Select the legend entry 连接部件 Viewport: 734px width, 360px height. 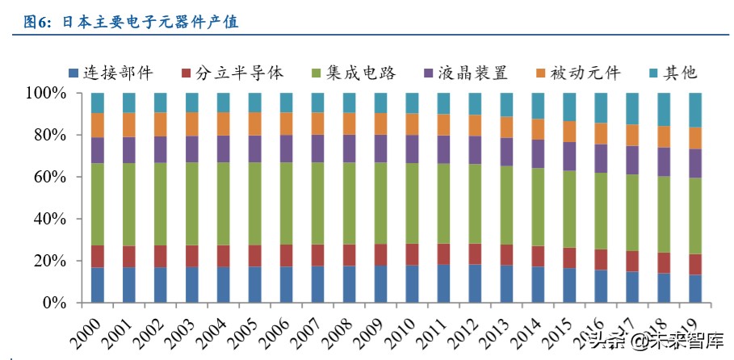(117, 73)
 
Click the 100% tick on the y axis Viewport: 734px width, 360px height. (46, 94)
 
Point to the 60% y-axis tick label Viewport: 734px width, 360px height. (50, 178)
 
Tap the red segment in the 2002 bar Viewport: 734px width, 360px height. (160, 256)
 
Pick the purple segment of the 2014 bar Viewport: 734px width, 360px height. (538, 153)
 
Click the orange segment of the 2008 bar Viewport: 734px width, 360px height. (349, 123)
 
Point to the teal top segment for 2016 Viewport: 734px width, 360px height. (601, 107)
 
